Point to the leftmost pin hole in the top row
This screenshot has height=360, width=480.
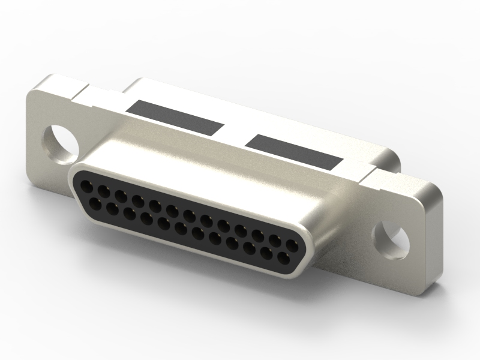(x=88, y=188)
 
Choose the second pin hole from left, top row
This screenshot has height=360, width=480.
(x=104, y=193)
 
